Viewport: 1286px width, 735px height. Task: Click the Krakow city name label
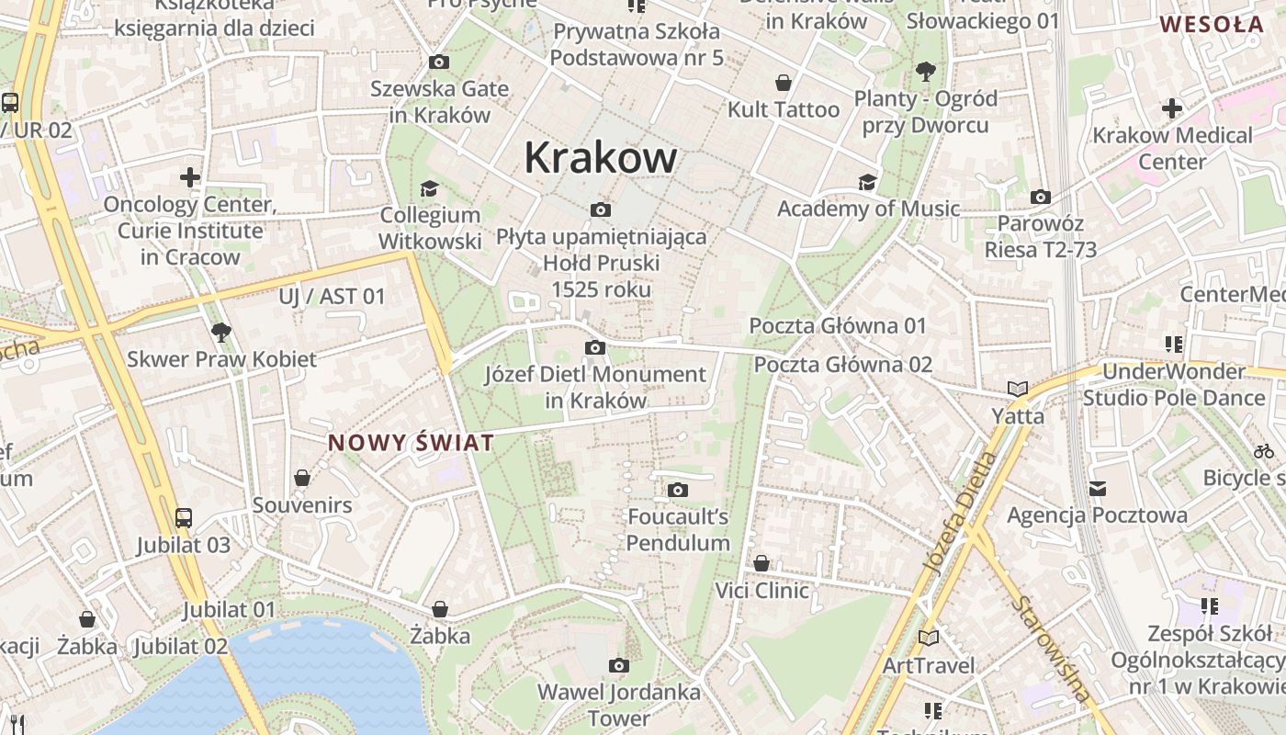click(601, 158)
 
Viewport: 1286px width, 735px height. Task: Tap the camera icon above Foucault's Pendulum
click(678, 490)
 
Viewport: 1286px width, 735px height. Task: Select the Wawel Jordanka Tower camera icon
click(619, 665)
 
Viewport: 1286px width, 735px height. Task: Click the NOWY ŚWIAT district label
click(411, 443)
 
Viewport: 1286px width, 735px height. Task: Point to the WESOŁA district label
click(1211, 25)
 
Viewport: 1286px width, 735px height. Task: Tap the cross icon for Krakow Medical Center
click(1171, 108)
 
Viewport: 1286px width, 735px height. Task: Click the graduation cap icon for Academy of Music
click(867, 182)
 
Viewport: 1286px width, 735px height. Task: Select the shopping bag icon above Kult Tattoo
click(784, 83)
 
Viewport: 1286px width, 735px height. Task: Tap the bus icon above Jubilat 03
click(184, 518)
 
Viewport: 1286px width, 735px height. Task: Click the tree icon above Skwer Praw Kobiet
click(220, 332)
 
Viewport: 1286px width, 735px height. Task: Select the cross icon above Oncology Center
click(190, 176)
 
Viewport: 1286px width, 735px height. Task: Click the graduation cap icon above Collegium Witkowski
click(429, 188)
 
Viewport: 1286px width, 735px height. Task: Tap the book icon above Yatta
click(1018, 389)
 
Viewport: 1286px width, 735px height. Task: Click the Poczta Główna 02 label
click(842, 365)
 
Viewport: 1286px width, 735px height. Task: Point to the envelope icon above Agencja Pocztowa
click(1097, 488)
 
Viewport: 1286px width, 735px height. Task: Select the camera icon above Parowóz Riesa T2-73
click(1041, 197)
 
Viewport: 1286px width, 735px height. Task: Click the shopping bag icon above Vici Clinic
click(761, 563)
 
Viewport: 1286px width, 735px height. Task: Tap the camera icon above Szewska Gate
click(439, 62)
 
